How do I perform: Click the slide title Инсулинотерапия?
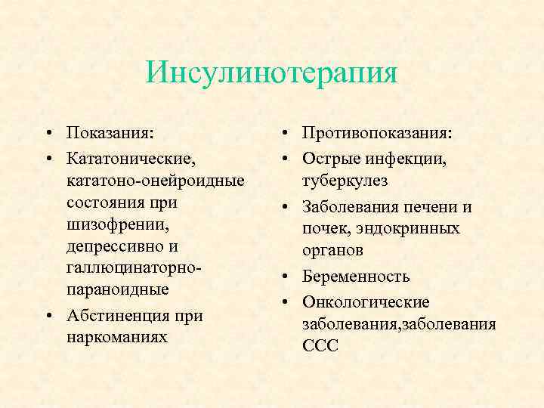tap(272, 73)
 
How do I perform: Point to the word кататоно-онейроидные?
tap(155, 181)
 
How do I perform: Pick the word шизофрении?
tap(109, 225)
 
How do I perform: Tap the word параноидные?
tap(116, 290)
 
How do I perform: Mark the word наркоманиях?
tap(116, 337)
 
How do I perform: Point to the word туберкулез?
tap(344, 181)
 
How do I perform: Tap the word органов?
tap(332, 250)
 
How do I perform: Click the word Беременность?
tap(356, 276)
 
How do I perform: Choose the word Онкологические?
tap(365, 301)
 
